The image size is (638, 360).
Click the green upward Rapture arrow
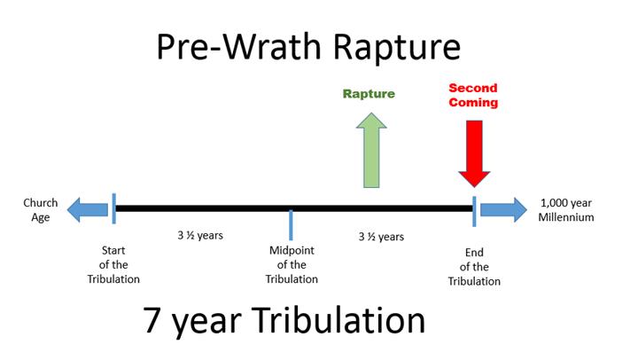[x=371, y=150]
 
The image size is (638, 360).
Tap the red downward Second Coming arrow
[x=474, y=153]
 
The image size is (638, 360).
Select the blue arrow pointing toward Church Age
[x=88, y=210]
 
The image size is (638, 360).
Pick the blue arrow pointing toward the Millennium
[x=503, y=210]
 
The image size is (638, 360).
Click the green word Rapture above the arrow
[x=369, y=94]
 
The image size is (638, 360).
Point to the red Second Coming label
[x=473, y=95]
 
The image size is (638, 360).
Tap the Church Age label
[x=40, y=210]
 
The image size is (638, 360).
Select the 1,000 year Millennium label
[x=566, y=210]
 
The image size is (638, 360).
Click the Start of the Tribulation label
[x=113, y=265]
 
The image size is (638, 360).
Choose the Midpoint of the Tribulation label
[x=292, y=265]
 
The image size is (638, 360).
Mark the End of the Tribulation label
[x=474, y=267]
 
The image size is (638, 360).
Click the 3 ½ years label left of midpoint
[x=200, y=235]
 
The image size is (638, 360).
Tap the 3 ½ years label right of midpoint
[x=381, y=237]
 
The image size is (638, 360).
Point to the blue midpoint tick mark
[x=291, y=225]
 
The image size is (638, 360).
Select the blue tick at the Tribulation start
[x=114, y=208]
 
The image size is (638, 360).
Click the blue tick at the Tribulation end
[x=474, y=211]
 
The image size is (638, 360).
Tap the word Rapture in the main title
[x=397, y=48]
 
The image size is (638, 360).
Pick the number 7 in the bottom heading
[x=151, y=320]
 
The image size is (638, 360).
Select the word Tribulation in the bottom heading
[x=338, y=320]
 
